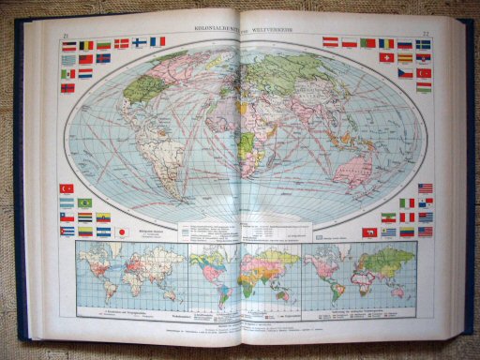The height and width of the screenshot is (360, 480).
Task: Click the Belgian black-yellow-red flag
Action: pyautogui.click(x=86, y=44)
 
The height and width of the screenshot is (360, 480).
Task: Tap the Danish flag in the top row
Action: pyautogui.click(x=122, y=43)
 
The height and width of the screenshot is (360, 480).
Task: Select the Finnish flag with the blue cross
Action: pyautogui.click(x=140, y=42)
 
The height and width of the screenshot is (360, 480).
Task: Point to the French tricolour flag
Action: pyautogui.click(x=157, y=41)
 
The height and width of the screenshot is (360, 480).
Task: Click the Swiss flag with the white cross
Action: pyautogui.click(x=385, y=57)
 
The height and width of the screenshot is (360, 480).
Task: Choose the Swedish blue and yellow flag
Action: pyautogui.click(x=423, y=44)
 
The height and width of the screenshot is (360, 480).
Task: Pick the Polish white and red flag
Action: pyautogui.click(x=350, y=42)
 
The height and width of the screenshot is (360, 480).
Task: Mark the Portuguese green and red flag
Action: pyautogui.click(x=367, y=42)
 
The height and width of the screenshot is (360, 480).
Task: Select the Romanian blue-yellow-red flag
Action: pyautogui.click(x=385, y=43)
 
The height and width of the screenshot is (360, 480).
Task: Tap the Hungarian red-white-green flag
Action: pyautogui.click(x=423, y=86)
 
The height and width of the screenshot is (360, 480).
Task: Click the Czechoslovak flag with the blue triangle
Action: pyautogui.click(x=404, y=72)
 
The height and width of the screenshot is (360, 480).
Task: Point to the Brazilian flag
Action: pyautogui.click(x=84, y=202)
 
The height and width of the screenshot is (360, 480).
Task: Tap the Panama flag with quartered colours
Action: pyautogui.click(x=425, y=202)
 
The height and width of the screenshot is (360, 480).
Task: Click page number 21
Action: pyautogui.click(x=66, y=37)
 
